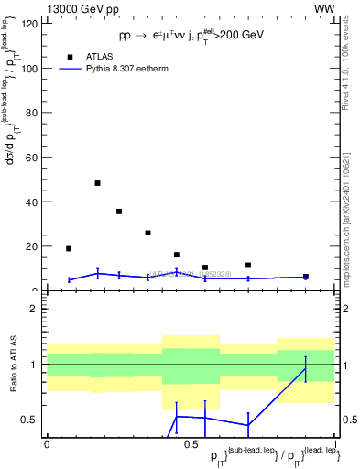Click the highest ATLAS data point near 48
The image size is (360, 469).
[97, 183]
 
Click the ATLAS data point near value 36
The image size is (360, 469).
[119, 212]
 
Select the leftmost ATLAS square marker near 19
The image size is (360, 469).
[69, 248]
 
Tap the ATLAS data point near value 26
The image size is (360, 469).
[147, 233]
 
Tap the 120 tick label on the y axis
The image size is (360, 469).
[29, 24]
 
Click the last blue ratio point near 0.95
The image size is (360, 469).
[306, 369]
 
